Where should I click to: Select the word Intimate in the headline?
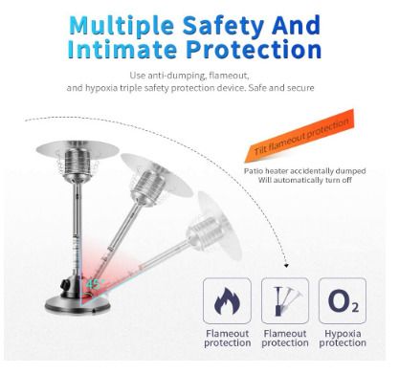tap(122, 50)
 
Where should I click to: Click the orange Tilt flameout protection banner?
tap(300, 135)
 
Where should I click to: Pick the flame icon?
tap(227, 300)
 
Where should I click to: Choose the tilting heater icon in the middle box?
tap(285, 301)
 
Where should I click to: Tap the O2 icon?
tap(344, 300)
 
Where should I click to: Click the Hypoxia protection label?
tap(343, 339)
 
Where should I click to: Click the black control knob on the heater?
tap(66, 283)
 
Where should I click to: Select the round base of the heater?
tap(78, 304)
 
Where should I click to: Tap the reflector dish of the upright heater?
tap(78, 148)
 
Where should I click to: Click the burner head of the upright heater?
tap(78, 165)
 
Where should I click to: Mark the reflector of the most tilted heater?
tap(219, 225)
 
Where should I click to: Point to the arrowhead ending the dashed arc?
tap(286, 265)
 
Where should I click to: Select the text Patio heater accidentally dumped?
tap(305, 171)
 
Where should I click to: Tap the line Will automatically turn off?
tap(305, 180)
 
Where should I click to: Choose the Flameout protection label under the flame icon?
tap(228, 339)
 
